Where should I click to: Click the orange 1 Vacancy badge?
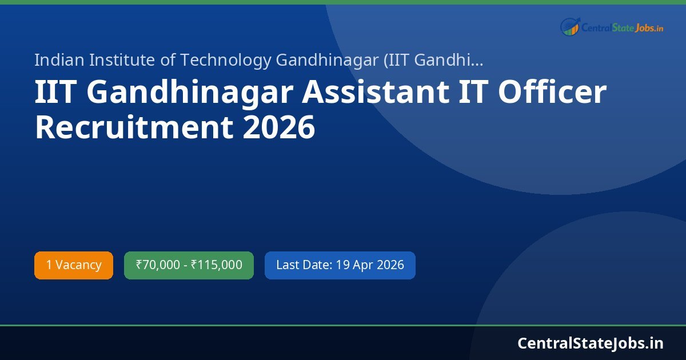pos(74,265)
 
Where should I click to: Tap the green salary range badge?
pos(189,265)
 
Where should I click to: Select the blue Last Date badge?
pos(340,265)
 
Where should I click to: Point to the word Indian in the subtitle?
pos(57,59)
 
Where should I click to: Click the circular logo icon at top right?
pos(569,27)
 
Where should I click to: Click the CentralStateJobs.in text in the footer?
pos(591,343)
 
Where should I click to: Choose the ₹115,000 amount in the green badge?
pos(216,265)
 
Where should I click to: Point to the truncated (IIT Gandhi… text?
pos(434,59)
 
